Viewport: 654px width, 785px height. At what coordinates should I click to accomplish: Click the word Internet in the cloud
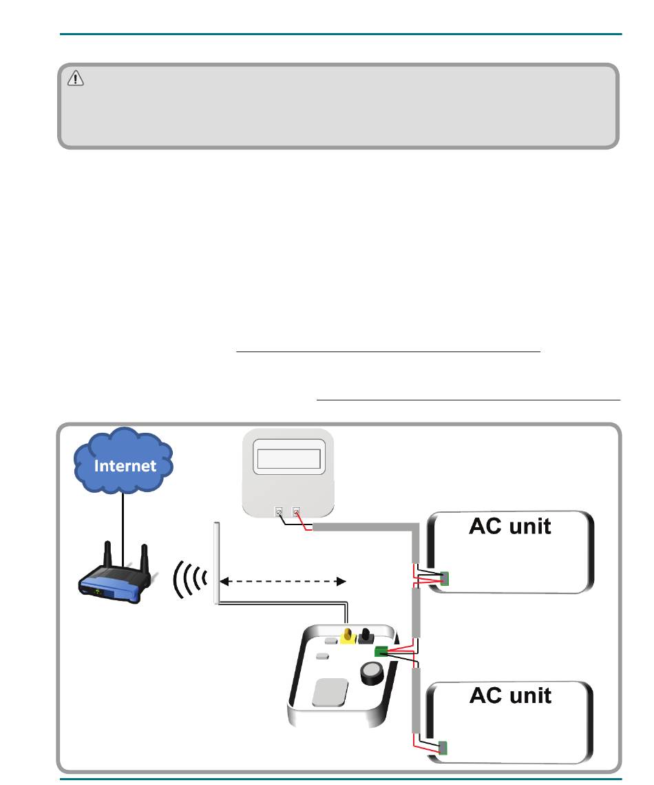(x=125, y=465)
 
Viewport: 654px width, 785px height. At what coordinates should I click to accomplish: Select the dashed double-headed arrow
(x=283, y=581)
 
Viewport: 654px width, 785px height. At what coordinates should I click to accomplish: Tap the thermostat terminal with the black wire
(x=279, y=513)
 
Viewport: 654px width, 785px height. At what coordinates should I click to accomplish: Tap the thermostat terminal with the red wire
(x=297, y=513)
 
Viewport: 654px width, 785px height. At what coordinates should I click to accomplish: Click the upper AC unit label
(x=510, y=527)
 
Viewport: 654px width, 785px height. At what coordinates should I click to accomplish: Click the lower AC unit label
(x=510, y=695)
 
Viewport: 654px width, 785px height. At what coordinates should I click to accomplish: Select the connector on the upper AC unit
(x=445, y=580)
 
